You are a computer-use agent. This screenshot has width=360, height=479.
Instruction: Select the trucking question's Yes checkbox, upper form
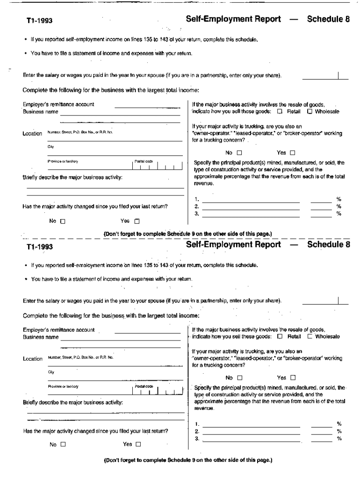tap(293, 152)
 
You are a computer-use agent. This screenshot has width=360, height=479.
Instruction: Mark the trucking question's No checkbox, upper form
tap(239, 152)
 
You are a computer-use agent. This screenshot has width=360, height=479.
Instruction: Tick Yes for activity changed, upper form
tap(137, 221)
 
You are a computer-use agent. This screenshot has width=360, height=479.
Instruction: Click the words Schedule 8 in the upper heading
tap(328, 19)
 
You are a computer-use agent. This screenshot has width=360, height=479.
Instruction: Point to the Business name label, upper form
tap(41, 112)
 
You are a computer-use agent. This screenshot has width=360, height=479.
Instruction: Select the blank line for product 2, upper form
tap(251, 206)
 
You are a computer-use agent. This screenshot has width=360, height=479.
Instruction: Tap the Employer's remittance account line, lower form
tap(148, 332)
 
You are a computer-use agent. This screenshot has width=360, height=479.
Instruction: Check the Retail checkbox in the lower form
tap(280, 336)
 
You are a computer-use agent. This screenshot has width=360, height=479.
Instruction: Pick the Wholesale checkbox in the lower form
tap(309, 336)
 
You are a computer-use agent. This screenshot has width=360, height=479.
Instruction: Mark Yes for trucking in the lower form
tap(293, 377)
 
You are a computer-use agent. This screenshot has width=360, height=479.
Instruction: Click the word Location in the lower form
tap(33, 359)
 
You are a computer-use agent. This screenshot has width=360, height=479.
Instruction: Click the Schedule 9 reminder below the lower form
tap(187, 460)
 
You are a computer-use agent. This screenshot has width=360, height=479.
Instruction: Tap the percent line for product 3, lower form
tap(322, 439)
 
